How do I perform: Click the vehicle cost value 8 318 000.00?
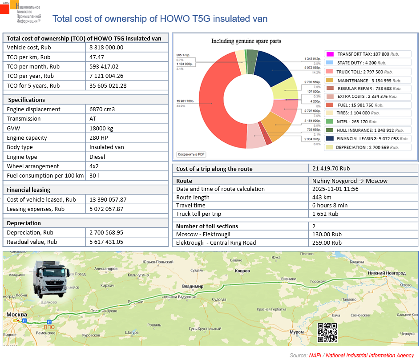106,48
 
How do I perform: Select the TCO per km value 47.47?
97,57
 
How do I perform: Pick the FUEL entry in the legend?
356,105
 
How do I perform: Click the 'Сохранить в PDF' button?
191,154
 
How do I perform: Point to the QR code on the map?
327,332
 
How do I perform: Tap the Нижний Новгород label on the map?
387,273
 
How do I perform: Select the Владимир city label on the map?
190,286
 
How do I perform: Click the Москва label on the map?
16,315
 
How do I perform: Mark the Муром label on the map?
296,332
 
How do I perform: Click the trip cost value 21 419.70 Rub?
331,169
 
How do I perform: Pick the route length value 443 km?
322,197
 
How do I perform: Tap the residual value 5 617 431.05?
106,242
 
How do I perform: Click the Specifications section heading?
26,100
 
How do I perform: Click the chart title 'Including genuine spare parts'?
246,41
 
